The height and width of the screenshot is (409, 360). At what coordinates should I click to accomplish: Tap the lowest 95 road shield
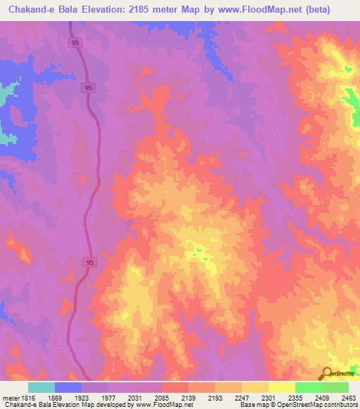[x=89, y=262]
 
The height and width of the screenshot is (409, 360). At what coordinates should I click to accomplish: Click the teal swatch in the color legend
[x=41, y=387]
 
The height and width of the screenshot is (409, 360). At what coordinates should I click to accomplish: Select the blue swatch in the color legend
[x=68, y=387]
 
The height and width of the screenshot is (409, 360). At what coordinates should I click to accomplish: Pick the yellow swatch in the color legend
[x=281, y=387]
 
